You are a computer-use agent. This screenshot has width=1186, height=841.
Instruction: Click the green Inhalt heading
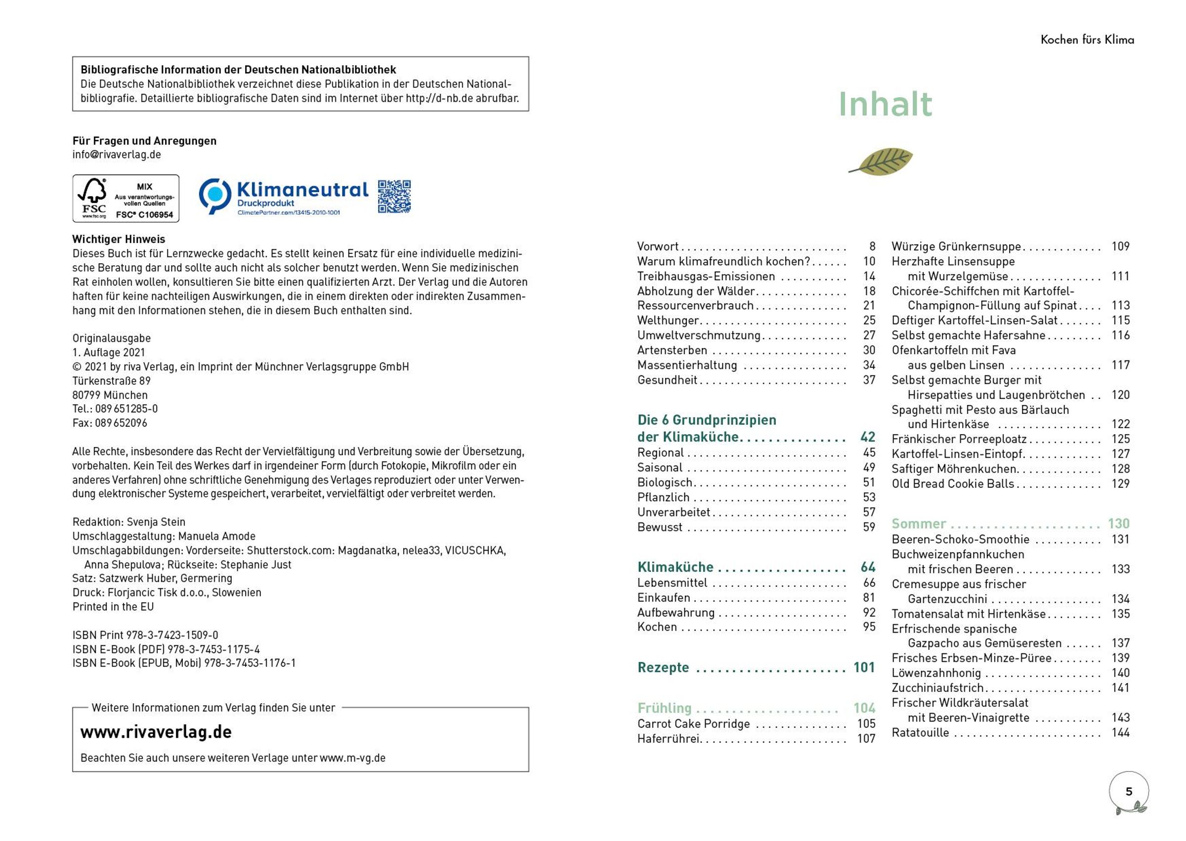point(885,105)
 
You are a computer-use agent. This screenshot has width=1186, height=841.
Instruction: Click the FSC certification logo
point(126,199)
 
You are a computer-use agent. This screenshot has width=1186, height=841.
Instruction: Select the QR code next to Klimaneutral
point(394,196)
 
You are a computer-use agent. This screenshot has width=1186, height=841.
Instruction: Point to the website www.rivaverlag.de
point(156,732)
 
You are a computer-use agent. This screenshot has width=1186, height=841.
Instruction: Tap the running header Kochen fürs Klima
point(1087,40)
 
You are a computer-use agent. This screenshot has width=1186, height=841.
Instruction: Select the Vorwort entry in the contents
point(658,246)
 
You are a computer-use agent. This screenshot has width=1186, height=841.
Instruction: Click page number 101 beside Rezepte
point(864,668)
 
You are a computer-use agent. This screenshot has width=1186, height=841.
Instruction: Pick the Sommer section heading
point(919,523)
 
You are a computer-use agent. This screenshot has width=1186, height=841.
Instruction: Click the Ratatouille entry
point(920,733)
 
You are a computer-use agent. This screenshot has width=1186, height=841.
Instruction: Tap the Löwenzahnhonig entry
point(936,673)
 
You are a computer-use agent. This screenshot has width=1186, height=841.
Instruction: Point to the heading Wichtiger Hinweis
point(119,239)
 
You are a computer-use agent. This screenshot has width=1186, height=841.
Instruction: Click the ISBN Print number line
point(145,635)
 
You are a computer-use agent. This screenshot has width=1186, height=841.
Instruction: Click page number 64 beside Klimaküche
point(868,567)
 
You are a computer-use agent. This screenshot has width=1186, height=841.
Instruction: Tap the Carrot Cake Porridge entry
point(693,723)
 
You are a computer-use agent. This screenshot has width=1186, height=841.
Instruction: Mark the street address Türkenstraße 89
point(111,381)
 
